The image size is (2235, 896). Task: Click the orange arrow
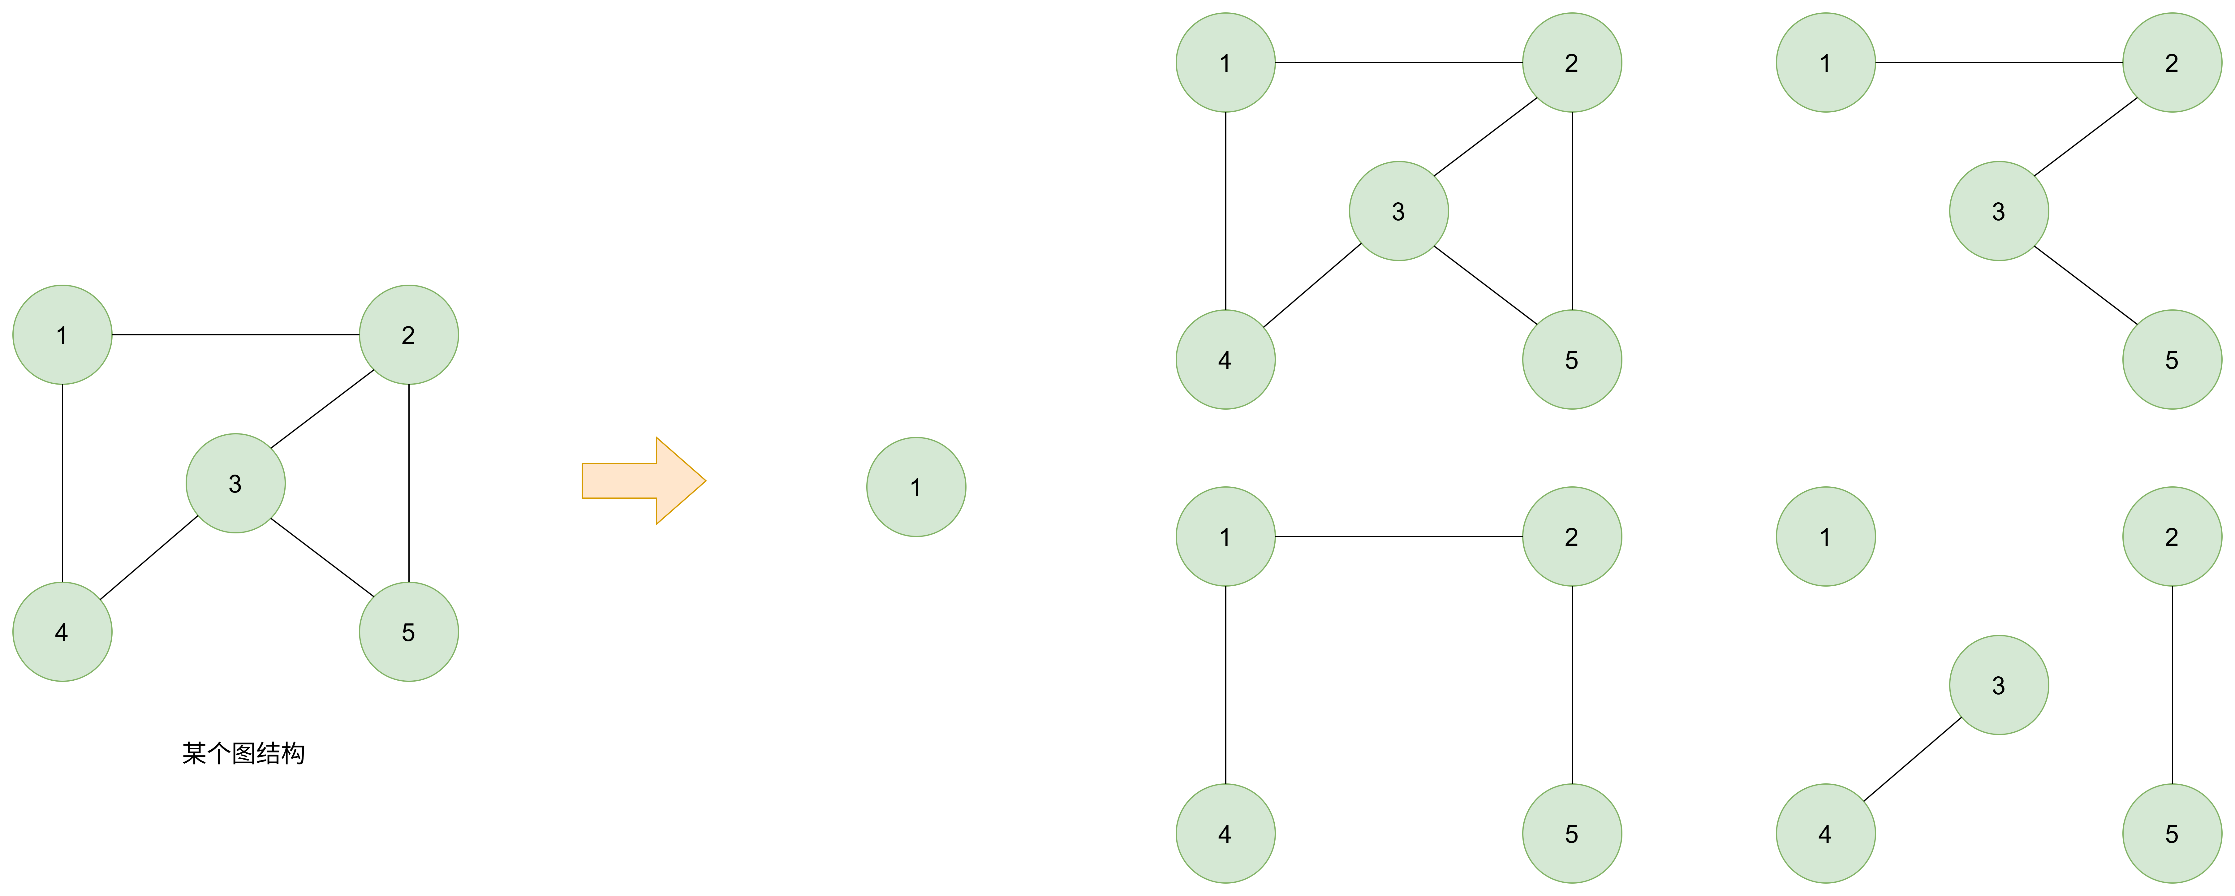click(644, 480)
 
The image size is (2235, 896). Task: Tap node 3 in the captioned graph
click(235, 483)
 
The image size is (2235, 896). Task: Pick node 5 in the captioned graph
click(409, 631)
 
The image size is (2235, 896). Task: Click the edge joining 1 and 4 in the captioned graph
click(62, 483)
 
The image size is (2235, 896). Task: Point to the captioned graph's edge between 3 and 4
click(149, 558)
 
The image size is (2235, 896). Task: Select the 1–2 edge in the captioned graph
click(235, 335)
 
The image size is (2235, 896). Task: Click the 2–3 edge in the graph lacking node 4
click(2086, 137)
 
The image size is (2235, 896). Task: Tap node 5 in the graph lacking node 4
click(2173, 359)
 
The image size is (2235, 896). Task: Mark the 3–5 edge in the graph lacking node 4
click(2086, 285)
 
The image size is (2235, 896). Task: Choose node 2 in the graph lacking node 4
click(2173, 62)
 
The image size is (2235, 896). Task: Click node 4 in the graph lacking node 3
click(1225, 834)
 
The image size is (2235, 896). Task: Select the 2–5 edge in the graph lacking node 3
click(1572, 685)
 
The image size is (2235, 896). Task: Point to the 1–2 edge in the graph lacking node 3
click(1399, 537)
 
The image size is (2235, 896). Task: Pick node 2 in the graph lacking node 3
click(1572, 537)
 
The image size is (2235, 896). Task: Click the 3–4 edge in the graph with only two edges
click(1912, 759)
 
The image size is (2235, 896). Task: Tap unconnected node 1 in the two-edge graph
click(1825, 537)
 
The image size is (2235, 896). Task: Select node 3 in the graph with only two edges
click(1999, 685)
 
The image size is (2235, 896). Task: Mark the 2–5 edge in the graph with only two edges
click(2173, 685)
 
